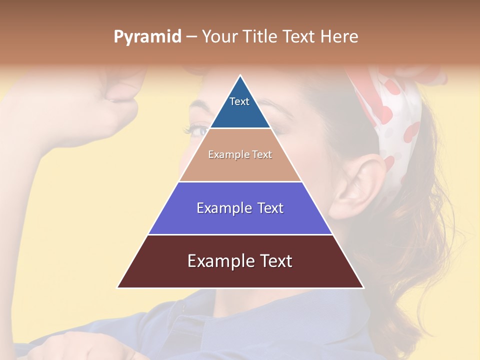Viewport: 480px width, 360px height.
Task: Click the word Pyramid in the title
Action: tap(147, 37)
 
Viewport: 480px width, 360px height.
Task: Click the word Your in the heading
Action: tap(219, 36)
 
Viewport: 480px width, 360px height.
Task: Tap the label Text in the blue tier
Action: tap(239, 101)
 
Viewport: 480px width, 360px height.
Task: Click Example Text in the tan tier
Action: tap(240, 154)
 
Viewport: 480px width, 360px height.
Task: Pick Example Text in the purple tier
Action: tap(240, 208)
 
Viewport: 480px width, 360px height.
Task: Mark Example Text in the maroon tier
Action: tap(240, 261)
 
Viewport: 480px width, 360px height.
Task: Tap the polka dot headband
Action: tap(395, 120)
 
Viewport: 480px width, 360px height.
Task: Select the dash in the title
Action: tap(191, 37)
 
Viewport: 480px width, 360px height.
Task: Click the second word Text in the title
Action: tap(298, 36)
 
